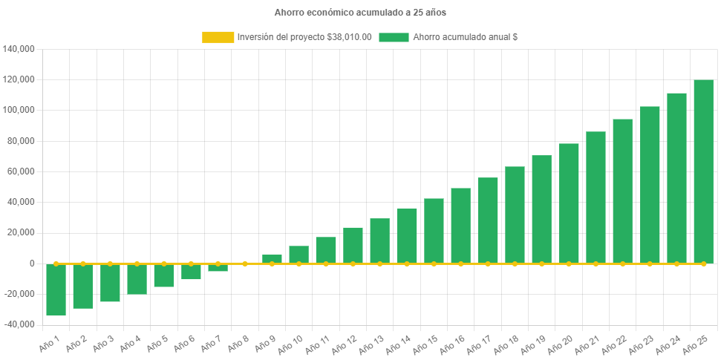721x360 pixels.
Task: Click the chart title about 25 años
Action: click(x=360, y=13)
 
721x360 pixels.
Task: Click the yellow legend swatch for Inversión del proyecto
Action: click(x=218, y=37)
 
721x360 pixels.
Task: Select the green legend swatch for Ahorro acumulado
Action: click(x=394, y=37)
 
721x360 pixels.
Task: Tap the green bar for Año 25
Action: click(x=703, y=171)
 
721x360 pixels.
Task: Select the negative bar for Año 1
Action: click(x=56, y=289)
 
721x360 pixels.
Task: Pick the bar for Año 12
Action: click(x=353, y=245)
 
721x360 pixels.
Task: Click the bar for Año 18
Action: click(x=515, y=215)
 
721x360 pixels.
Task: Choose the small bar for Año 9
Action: click(x=272, y=259)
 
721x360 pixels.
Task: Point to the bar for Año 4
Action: click(x=137, y=279)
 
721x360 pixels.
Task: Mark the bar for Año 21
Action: click(x=596, y=197)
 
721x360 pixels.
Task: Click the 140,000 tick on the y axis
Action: click(x=20, y=49)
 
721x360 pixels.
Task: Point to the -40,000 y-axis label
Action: click(x=20, y=324)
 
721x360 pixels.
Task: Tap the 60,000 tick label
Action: click(x=22, y=171)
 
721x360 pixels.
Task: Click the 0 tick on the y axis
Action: click(x=32, y=264)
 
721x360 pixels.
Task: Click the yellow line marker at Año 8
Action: click(x=245, y=264)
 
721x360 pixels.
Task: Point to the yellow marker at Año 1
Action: click(x=56, y=264)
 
